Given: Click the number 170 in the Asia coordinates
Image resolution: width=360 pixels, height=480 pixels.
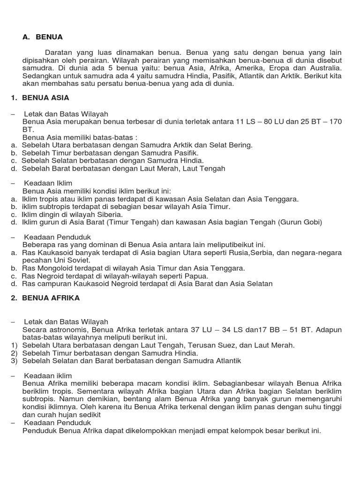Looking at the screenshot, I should tap(335, 122).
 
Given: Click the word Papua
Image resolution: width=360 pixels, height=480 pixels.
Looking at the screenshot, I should tap(197, 276).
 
